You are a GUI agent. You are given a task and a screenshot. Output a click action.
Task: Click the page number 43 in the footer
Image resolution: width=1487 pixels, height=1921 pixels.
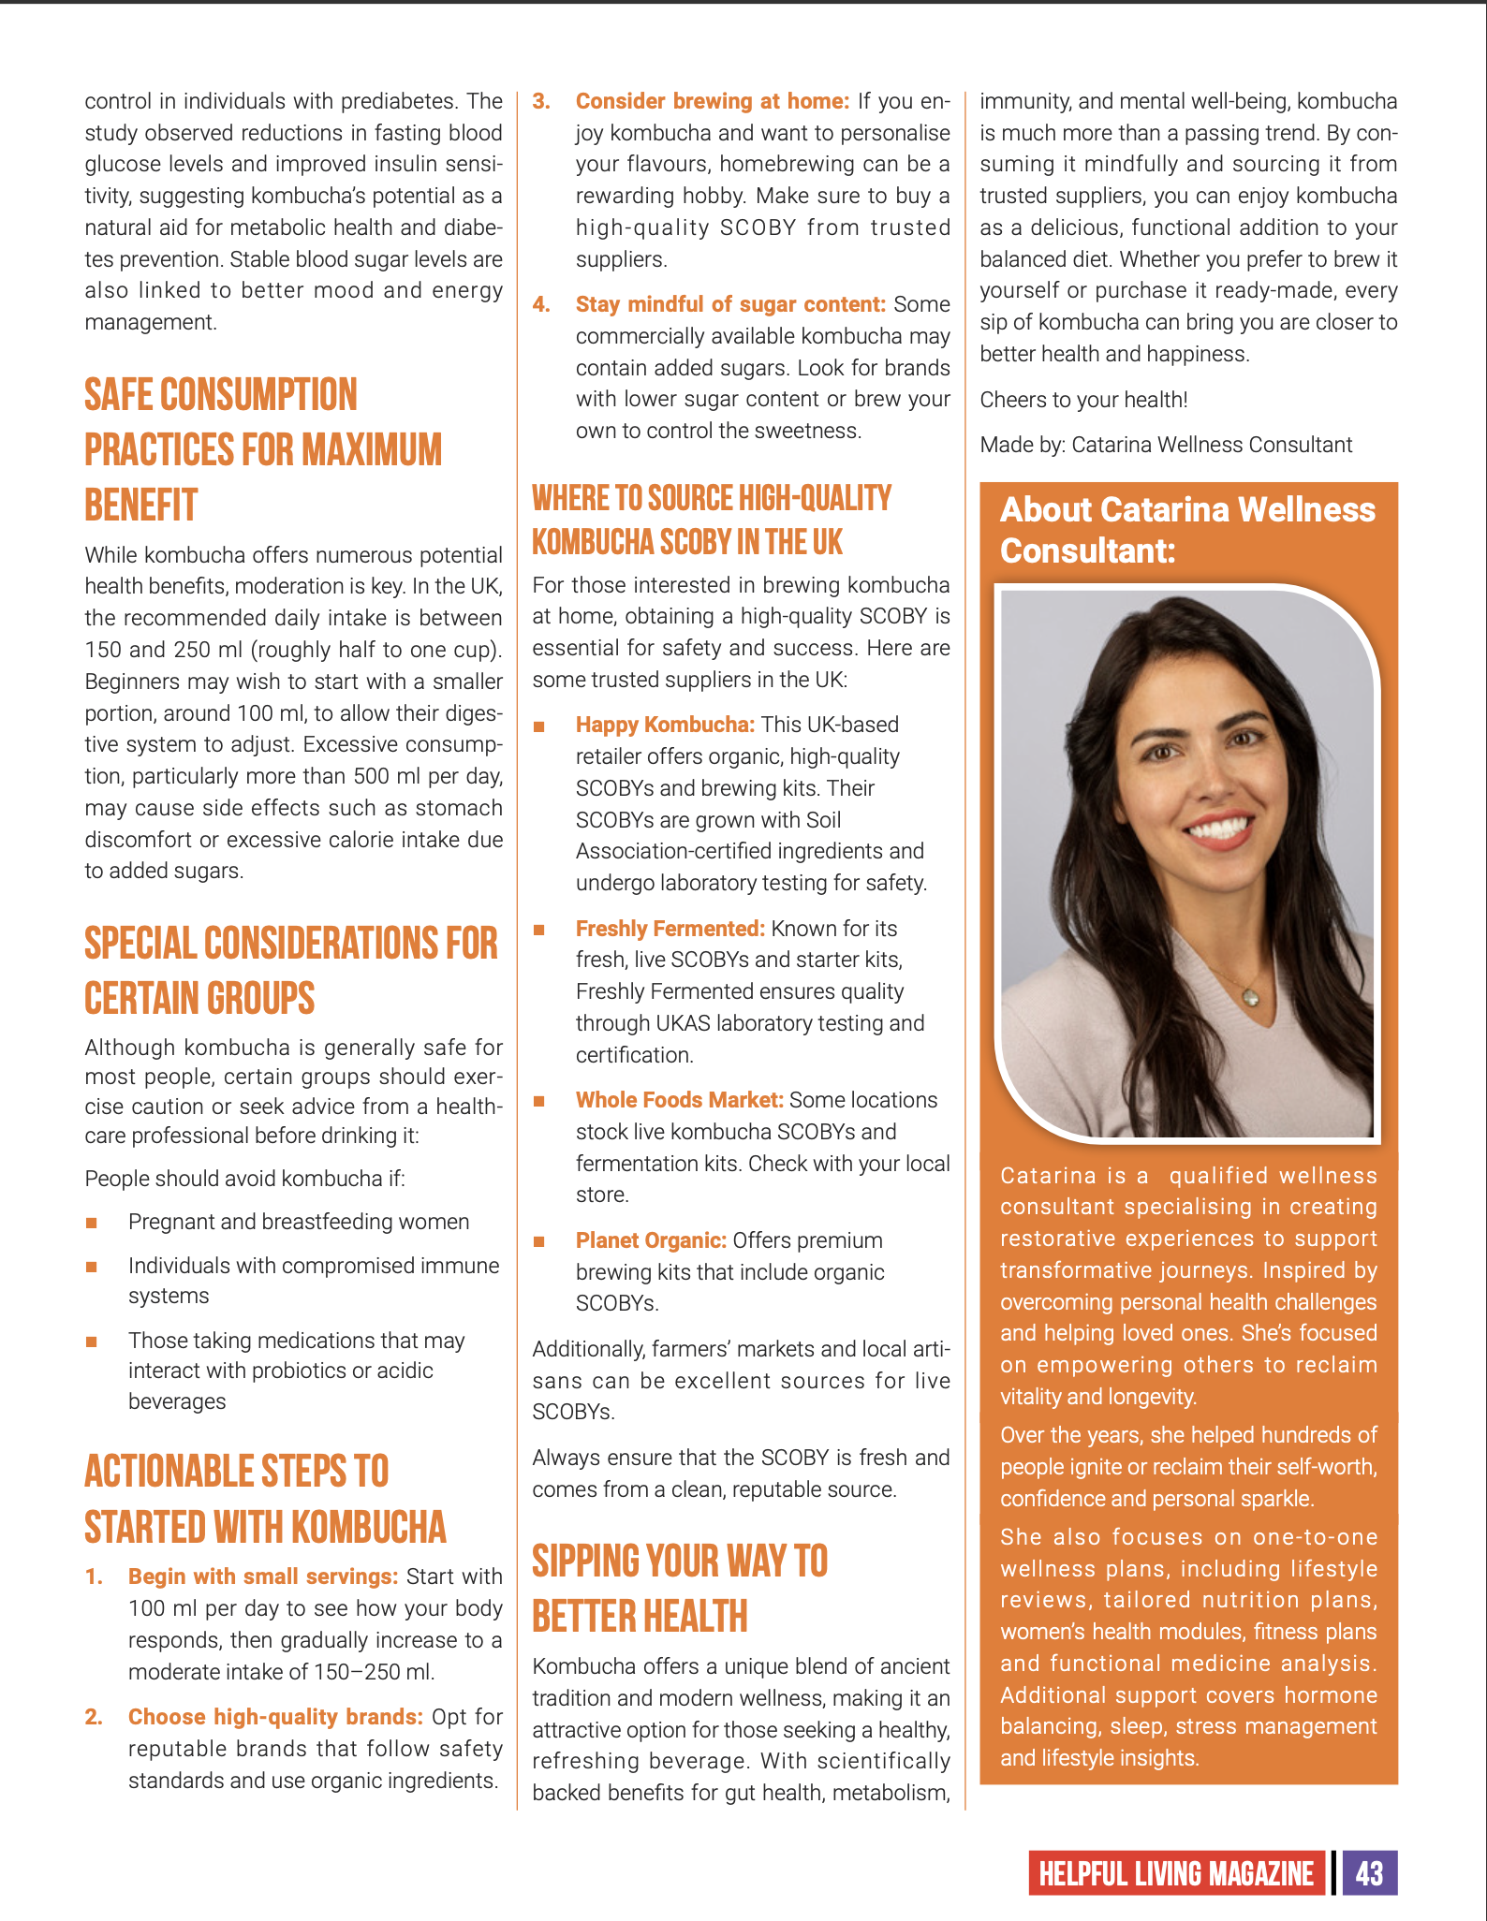pyautogui.click(x=1369, y=1873)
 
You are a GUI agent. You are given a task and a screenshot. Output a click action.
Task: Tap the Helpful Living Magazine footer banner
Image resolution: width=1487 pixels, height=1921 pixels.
pyautogui.click(x=1176, y=1873)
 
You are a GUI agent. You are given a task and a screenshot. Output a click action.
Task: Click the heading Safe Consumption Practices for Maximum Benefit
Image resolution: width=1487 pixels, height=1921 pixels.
pyautogui.click(x=263, y=449)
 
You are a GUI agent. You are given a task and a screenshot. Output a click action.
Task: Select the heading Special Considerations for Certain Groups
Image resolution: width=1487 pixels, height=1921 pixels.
pyautogui.click(x=290, y=970)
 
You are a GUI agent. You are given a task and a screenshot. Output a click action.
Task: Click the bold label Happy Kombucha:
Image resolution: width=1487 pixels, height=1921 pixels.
pyautogui.click(x=665, y=725)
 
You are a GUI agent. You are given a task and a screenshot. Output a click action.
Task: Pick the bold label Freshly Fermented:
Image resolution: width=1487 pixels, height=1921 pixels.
pyautogui.click(x=670, y=929)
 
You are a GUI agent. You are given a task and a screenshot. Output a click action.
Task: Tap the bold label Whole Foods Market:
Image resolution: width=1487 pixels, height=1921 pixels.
pyautogui.click(x=680, y=1100)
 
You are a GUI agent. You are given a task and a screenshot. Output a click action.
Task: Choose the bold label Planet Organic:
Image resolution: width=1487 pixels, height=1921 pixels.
pyautogui.click(x=651, y=1240)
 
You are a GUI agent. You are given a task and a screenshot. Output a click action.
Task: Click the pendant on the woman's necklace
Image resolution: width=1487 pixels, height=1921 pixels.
pyautogui.click(x=1252, y=997)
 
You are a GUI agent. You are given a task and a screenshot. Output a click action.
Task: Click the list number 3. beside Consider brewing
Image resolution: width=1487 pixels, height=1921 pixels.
pyautogui.click(x=541, y=101)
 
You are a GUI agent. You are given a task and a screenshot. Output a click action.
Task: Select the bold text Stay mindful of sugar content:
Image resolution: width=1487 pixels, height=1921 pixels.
pyautogui.click(x=730, y=304)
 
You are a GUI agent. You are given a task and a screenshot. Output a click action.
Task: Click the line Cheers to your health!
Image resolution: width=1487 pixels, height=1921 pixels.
pyautogui.click(x=1083, y=400)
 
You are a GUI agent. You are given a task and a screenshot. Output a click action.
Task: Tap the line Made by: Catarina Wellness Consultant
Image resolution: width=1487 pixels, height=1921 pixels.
pyautogui.click(x=1166, y=445)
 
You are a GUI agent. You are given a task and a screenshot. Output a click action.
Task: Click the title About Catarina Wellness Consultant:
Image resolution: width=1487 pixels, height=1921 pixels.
pyautogui.click(x=1187, y=530)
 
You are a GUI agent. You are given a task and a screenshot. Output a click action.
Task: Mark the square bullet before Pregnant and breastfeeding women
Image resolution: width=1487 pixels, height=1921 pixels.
pyautogui.click(x=92, y=1223)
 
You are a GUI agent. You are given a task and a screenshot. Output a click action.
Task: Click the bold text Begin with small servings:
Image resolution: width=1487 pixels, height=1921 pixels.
pyautogui.click(x=263, y=1576)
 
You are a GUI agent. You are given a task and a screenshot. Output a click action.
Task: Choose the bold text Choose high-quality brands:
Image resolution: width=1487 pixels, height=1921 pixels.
pyautogui.click(x=275, y=1717)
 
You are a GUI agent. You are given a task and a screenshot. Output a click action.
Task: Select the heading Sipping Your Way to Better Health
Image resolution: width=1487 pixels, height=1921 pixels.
pyautogui.click(x=680, y=1589)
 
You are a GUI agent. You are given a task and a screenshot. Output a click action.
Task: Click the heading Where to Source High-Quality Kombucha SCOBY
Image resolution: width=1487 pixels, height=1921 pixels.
pyautogui.click(x=712, y=520)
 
